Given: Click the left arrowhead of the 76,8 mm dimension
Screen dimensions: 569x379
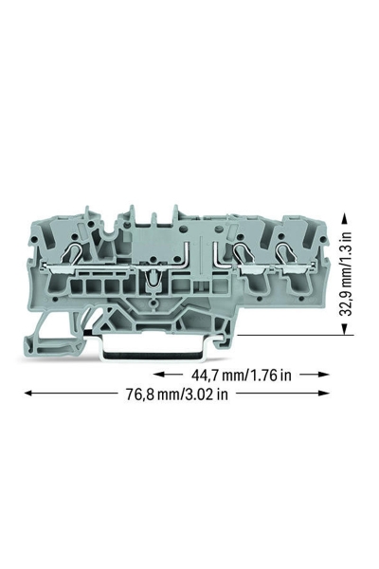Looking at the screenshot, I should (27, 394).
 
